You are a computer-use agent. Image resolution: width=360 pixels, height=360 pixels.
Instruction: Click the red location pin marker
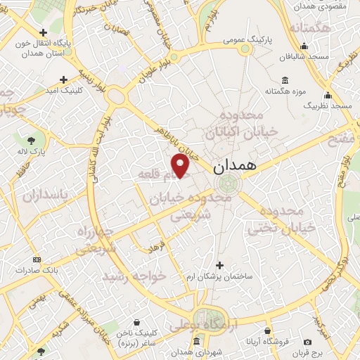181,165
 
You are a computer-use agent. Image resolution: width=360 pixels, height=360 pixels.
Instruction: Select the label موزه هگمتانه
285,91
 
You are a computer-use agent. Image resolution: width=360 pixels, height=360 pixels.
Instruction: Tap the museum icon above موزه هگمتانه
285,80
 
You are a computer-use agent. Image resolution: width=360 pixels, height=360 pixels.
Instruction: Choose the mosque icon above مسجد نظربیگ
327,95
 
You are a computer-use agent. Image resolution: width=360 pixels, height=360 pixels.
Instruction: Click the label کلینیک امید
64,91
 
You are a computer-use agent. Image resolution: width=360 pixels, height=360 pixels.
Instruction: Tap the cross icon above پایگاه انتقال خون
44,32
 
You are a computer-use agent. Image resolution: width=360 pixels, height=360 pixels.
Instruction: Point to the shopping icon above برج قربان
326,329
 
